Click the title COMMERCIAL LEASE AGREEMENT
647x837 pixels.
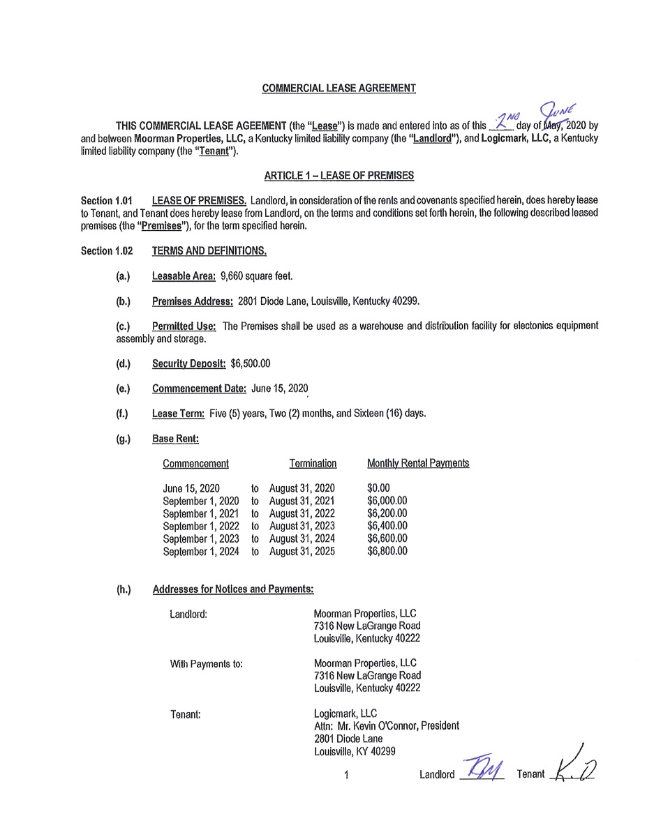point(339,89)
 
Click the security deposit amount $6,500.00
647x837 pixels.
point(250,363)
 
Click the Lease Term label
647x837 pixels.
point(178,414)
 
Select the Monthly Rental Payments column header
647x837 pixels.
point(418,463)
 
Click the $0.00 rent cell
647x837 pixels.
point(378,488)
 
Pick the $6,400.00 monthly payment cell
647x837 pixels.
point(387,526)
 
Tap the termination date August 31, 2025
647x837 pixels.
point(302,551)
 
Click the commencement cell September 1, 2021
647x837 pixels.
point(201,513)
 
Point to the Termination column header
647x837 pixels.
point(313,463)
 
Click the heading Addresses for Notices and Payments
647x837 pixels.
point(232,589)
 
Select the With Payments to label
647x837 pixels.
point(207,664)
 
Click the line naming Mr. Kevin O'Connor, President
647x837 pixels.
point(387,726)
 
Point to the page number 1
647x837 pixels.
point(346,774)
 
